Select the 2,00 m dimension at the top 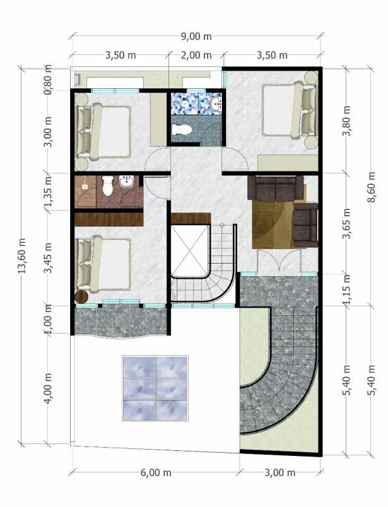(x=196, y=55)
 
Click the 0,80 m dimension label (x=49, y=78)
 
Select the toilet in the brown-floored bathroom (x=107, y=185)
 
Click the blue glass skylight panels (x=155, y=387)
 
